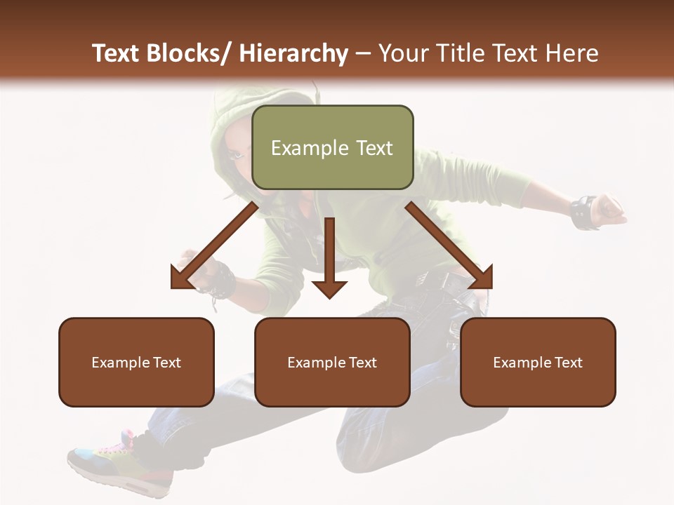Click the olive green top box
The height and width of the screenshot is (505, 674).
[332, 147]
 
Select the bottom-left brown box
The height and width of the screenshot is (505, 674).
[136, 362]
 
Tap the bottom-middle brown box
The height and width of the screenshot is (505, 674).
[332, 362]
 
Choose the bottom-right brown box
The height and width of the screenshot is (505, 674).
[538, 362]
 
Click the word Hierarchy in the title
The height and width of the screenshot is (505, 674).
[293, 53]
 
